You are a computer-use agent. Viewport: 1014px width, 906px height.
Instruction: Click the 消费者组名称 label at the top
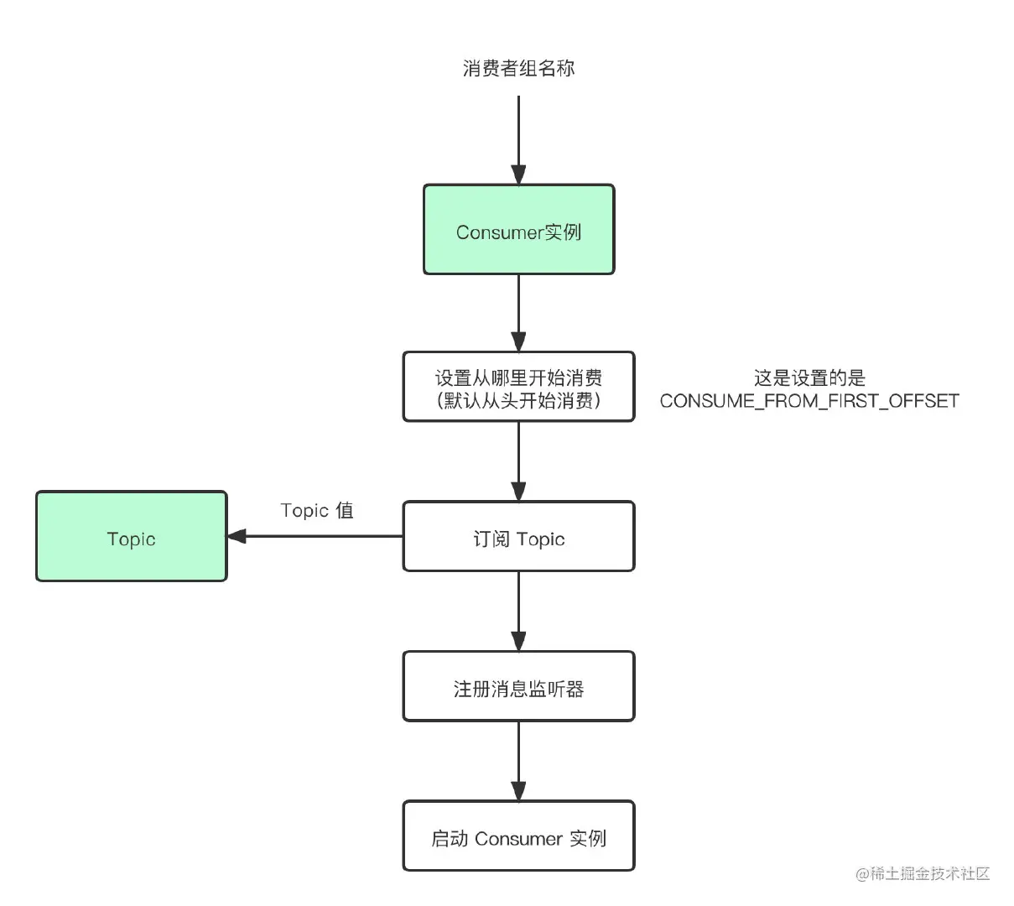coord(518,68)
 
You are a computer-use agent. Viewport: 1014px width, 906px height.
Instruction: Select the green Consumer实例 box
coord(518,230)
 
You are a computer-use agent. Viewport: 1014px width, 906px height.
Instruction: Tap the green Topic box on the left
coord(131,537)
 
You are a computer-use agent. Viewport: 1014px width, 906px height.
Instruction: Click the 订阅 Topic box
coord(518,537)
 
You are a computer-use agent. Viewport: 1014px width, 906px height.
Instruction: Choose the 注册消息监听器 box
coord(518,687)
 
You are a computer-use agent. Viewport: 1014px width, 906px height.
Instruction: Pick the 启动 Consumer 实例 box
coord(518,836)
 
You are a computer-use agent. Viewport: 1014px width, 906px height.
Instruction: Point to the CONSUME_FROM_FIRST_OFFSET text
coord(809,401)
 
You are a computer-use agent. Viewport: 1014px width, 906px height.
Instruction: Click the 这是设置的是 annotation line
coord(809,378)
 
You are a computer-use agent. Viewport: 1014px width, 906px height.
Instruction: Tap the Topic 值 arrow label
coord(317,511)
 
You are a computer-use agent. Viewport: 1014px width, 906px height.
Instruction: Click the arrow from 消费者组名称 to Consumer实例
coord(518,138)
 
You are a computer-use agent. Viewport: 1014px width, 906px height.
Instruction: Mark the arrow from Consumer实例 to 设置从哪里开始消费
coord(518,310)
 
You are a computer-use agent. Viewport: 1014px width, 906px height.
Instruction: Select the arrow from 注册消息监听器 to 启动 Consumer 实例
coord(518,759)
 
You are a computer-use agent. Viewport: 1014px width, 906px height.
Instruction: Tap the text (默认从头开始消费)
coord(518,401)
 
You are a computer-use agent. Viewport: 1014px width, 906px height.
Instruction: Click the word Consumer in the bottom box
coord(518,838)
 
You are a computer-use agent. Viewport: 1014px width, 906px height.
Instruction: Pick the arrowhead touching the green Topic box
coord(237,536)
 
